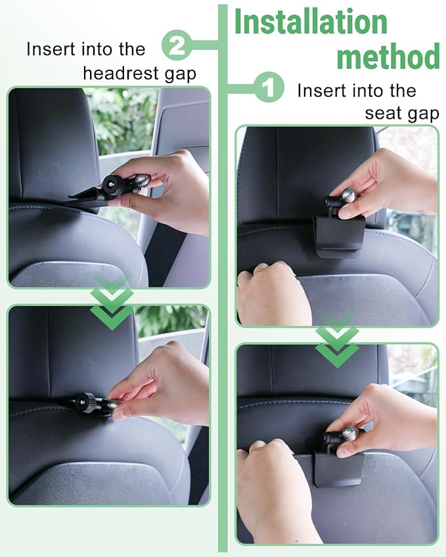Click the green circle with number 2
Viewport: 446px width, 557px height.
177,45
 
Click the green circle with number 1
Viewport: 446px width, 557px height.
269,87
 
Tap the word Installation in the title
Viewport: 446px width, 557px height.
311,22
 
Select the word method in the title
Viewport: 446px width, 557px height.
388,56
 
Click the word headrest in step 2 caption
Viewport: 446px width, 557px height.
121,73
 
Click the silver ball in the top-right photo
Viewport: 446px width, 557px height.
349,196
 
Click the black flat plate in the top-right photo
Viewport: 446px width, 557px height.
338,235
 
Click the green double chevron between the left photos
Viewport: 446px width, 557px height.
112,304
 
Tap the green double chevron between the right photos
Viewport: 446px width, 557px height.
337,341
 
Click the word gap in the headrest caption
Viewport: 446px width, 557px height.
181,75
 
